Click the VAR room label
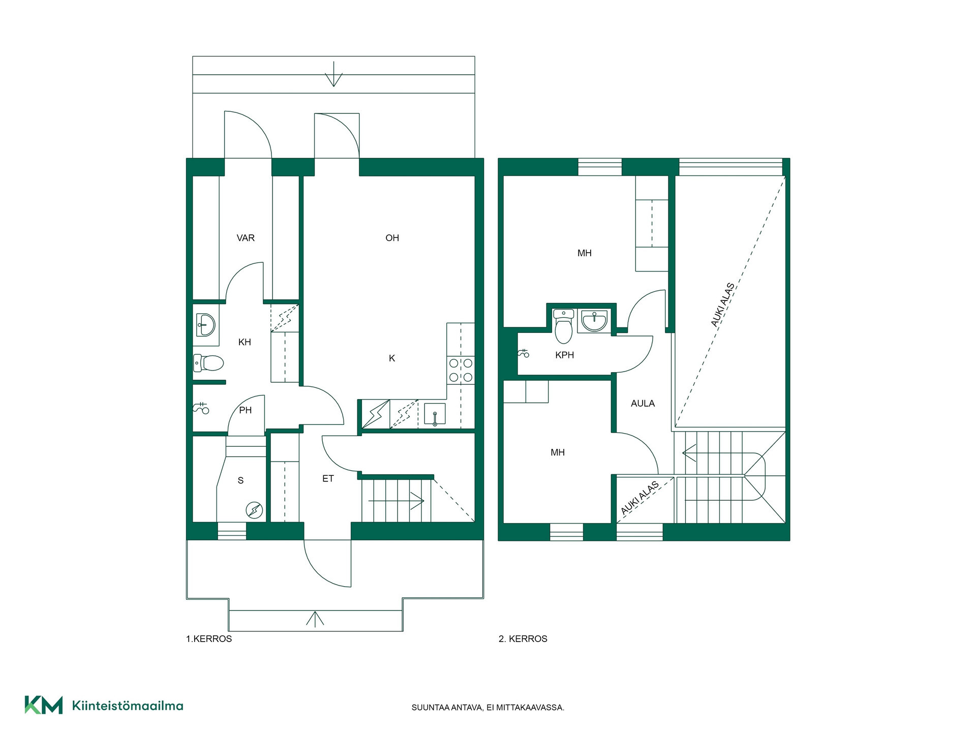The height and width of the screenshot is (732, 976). [x=246, y=238]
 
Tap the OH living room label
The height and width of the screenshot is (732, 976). [x=392, y=238]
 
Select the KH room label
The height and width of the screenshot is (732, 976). [x=245, y=342]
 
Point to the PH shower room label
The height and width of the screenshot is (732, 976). [x=246, y=410]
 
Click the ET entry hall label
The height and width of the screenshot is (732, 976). [x=328, y=478]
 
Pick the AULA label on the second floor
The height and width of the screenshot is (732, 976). [x=643, y=404]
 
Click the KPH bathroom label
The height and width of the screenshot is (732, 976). [x=564, y=355]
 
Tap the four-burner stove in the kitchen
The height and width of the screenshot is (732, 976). [x=461, y=370]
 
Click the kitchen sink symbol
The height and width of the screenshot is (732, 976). [x=435, y=414]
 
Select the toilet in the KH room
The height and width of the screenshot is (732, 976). [x=208, y=363]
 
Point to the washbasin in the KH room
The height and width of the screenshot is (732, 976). [x=205, y=325]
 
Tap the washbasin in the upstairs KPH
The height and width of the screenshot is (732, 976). [x=594, y=321]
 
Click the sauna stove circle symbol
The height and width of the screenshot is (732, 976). [x=254, y=510]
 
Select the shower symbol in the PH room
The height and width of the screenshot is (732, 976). [x=201, y=408]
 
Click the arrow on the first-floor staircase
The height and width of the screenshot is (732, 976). [x=396, y=501]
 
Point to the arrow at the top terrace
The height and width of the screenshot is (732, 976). [x=333, y=74]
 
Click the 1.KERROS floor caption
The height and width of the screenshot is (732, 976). [x=209, y=639]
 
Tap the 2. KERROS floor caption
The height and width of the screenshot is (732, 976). [x=523, y=639]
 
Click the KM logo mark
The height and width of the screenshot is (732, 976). [x=44, y=705]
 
